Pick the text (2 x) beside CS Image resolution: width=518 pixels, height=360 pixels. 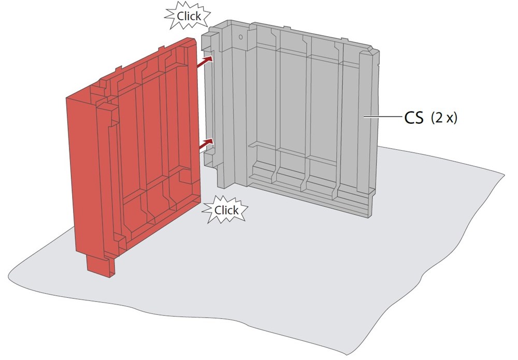coord(444,119)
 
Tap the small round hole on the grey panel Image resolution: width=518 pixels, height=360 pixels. coord(240,37)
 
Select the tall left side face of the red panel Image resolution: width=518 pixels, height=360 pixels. coord(80,171)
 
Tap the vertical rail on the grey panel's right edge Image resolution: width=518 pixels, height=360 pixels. coord(365,119)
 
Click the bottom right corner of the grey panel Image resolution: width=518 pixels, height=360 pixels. coord(369,213)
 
